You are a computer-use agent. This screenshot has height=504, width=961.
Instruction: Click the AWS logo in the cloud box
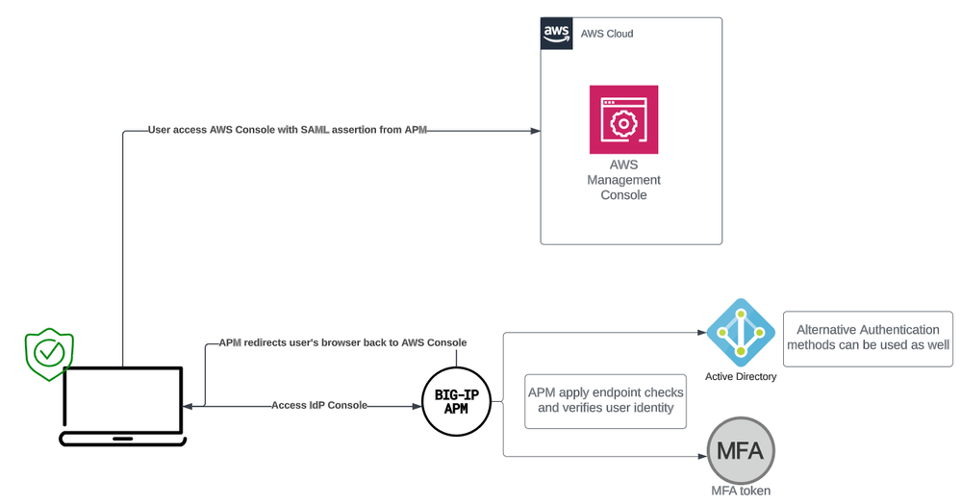[x=556, y=34]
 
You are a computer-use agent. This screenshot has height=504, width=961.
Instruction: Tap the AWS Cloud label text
[x=607, y=34]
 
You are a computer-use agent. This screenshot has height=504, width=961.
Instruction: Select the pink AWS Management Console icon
[x=623, y=119]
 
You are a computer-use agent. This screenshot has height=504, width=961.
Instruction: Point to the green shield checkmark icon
[x=48, y=353]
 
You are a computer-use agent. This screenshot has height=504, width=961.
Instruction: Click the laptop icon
[x=122, y=406]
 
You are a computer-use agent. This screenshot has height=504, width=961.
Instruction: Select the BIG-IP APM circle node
[x=457, y=403]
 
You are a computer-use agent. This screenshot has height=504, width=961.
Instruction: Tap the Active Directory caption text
[x=741, y=376]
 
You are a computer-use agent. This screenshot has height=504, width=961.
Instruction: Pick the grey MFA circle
[x=741, y=448]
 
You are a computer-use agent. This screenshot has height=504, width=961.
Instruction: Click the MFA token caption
[x=741, y=491]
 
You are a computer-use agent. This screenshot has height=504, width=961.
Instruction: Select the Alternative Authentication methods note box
[x=868, y=338]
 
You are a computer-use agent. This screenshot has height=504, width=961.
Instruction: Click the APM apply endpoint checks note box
[x=606, y=400]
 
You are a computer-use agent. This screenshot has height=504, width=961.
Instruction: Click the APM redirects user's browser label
[x=342, y=342]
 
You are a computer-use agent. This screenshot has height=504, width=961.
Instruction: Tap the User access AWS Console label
[x=287, y=130]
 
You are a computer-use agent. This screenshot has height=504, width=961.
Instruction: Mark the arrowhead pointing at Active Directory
[x=700, y=333]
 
